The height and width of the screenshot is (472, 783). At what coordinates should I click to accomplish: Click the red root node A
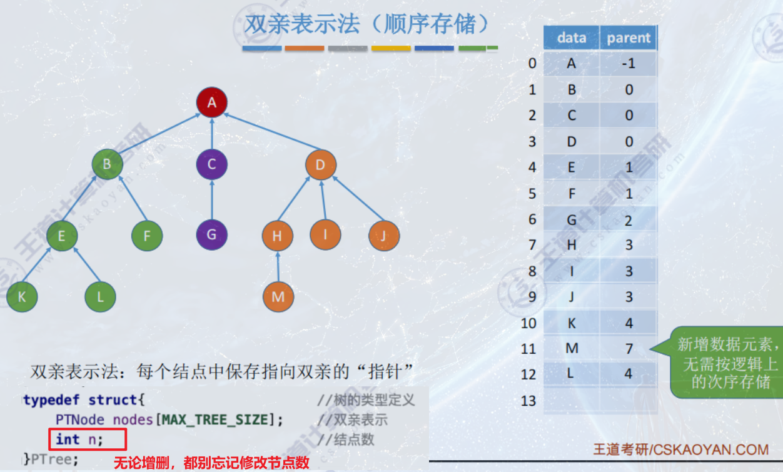click(212, 103)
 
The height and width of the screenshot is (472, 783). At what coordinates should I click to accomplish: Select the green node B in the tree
click(107, 165)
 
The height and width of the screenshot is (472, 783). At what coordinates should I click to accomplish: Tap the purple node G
click(211, 235)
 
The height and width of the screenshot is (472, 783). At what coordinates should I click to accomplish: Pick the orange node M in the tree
click(278, 296)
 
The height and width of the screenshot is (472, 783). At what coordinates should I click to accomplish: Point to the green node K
click(22, 296)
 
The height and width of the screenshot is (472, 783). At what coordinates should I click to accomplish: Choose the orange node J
click(383, 236)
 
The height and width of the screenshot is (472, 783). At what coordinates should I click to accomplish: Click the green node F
click(147, 236)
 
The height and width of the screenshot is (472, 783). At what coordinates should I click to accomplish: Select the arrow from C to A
click(212, 134)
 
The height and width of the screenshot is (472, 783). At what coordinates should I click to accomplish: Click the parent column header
click(629, 38)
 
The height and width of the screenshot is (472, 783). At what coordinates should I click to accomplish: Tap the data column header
click(572, 38)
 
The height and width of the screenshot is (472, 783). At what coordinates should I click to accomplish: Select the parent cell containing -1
click(629, 64)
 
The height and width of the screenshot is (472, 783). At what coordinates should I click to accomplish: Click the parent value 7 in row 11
click(629, 348)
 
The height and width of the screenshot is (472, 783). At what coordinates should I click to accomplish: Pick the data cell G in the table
click(572, 219)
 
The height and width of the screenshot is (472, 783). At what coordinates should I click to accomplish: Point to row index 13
click(529, 400)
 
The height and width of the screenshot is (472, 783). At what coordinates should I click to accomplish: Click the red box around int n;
click(88, 439)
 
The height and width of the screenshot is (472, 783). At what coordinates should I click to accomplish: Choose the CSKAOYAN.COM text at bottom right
click(709, 449)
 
